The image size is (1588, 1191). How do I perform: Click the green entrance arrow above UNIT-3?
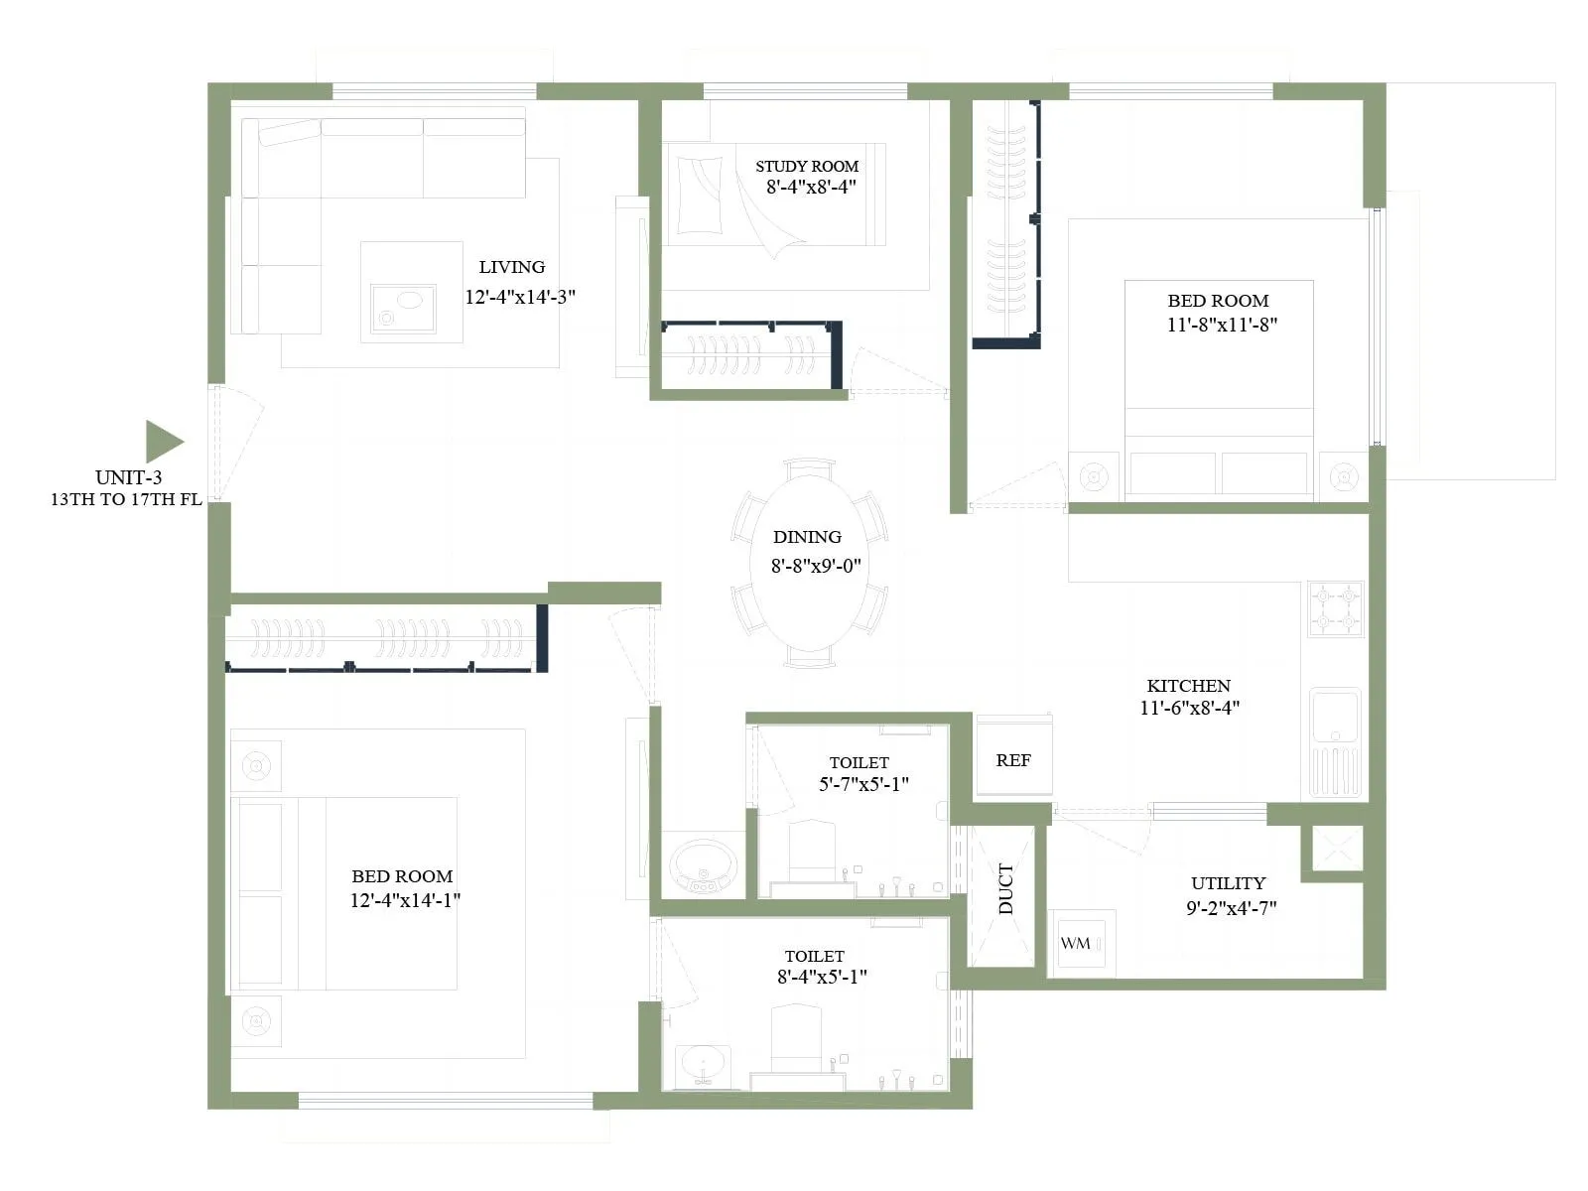coord(163,442)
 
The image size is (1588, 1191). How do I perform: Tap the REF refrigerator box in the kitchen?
coord(1013,760)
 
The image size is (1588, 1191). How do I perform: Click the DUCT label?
coord(1005,889)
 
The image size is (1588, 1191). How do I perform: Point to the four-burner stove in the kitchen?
coord(1335,608)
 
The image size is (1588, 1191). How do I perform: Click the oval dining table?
coord(809,564)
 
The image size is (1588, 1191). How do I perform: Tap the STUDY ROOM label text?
coord(806,167)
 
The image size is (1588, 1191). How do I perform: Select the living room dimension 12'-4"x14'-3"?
coord(520,297)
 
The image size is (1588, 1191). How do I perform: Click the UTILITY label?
coord(1228,883)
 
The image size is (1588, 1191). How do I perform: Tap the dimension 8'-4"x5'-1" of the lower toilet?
coord(822,977)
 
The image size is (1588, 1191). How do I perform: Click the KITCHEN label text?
coord(1188,686)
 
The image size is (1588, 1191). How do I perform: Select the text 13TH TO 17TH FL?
coord(126,500)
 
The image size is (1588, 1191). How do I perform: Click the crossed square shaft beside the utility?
coord(1336,849)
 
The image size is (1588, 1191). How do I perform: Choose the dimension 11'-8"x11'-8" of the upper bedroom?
coord(1222,325)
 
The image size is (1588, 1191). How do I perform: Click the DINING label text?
coord(807,537)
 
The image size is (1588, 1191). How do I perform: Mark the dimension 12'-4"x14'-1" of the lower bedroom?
coord(405,901)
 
